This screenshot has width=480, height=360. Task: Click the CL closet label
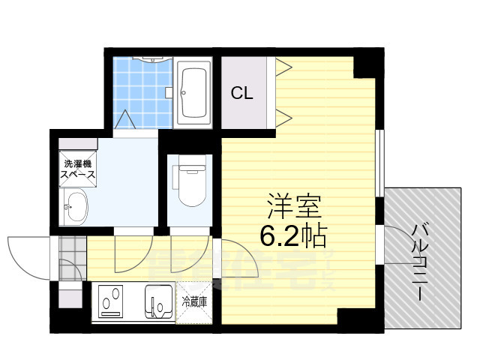241,93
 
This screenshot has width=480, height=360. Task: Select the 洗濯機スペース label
77,169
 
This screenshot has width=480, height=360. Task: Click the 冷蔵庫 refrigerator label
194,302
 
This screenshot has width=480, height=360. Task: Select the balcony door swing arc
397,241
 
